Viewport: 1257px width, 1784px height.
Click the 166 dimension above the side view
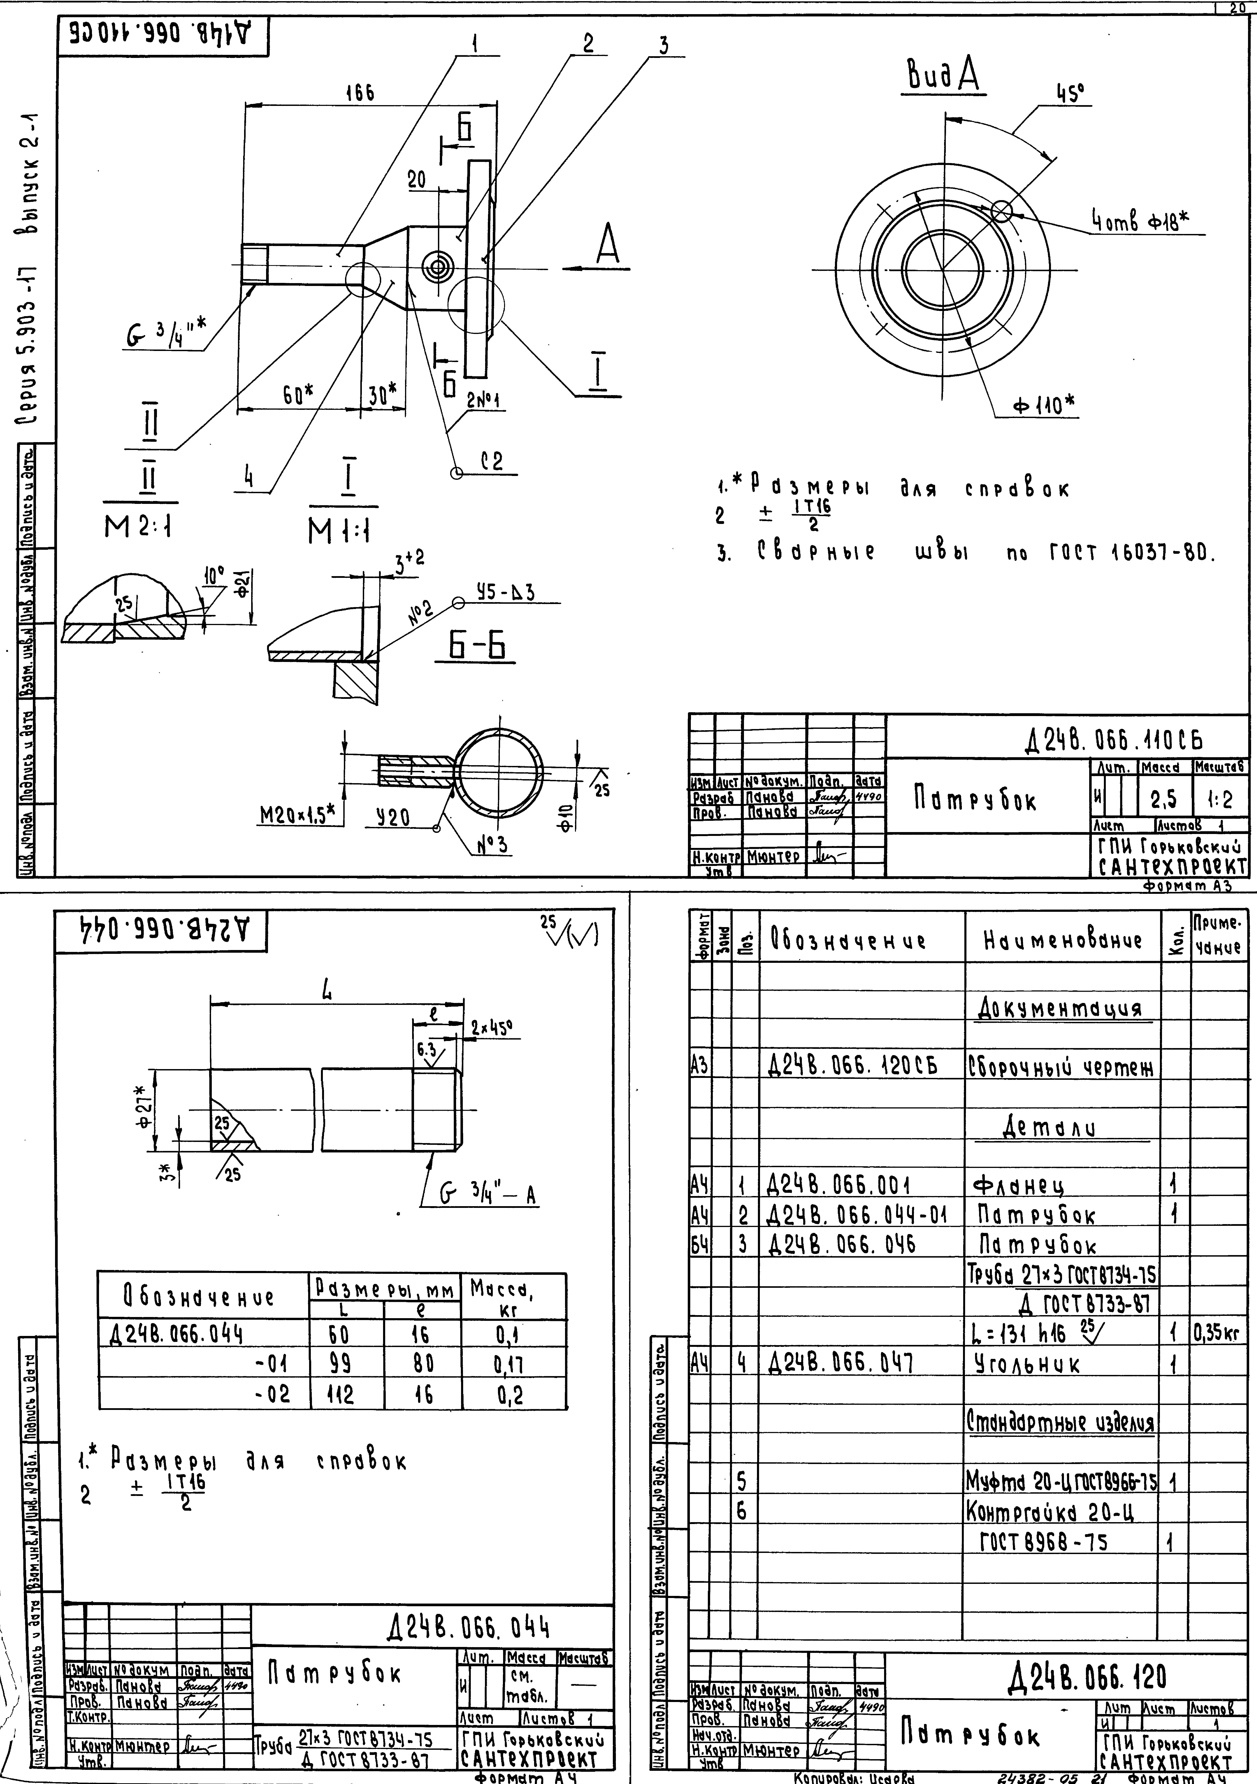point(360,93)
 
